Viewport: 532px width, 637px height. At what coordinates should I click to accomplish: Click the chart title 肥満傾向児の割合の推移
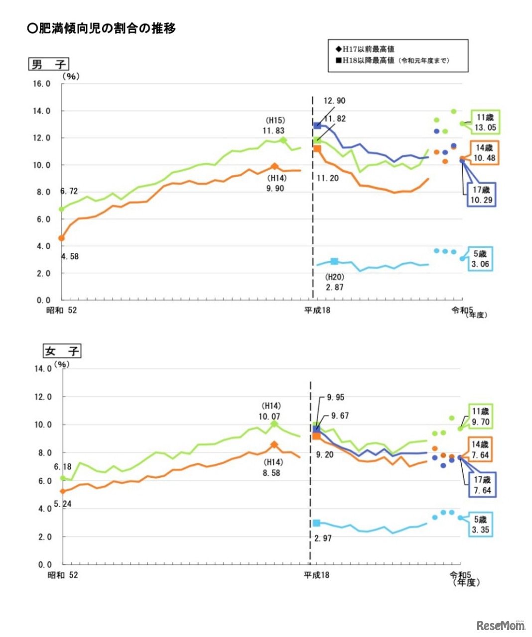102,28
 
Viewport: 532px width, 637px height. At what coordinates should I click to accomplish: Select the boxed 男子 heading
48,64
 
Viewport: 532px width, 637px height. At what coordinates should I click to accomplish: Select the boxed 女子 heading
61,351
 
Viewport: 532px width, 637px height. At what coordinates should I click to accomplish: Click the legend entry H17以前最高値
365,49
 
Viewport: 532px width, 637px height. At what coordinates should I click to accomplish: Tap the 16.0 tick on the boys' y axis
42,84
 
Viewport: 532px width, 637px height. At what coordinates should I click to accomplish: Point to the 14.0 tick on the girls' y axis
43,369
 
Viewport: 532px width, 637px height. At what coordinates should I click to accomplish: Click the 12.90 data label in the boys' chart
334,101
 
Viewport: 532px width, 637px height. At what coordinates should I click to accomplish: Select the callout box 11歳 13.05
485,122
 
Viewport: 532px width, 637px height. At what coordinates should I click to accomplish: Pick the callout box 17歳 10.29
481,195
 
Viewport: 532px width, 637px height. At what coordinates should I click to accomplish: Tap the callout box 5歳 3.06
480,259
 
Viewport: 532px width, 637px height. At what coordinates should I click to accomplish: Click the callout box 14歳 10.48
484,153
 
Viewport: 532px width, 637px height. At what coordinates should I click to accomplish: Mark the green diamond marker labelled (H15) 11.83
283,140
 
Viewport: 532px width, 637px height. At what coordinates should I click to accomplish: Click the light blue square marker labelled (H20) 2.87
334,261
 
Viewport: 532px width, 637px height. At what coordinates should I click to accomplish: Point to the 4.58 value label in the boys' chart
70,256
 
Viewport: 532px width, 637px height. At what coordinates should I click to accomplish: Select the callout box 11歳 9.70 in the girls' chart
481,417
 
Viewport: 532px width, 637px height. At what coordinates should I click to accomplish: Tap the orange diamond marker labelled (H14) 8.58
274,445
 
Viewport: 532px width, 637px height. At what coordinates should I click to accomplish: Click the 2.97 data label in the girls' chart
323,538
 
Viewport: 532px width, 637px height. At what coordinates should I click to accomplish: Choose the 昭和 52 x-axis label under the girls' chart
63,575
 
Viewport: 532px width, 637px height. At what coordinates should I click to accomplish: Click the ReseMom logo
500,626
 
